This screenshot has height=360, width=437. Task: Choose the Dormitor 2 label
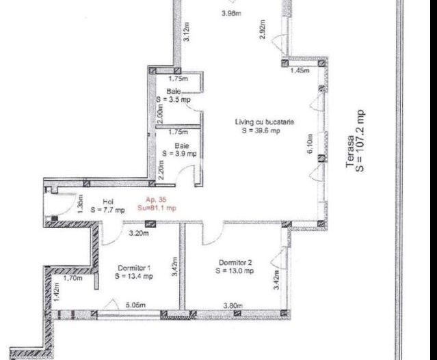(x=236, y=262)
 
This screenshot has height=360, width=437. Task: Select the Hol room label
(x=107, y=202)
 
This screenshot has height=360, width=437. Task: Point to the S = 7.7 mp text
(x=107, y=210)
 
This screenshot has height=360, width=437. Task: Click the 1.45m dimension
(x=300, y=70)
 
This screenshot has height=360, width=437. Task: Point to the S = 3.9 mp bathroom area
(x=181, y=154)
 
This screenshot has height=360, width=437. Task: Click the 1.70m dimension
(x=72, y=279)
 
